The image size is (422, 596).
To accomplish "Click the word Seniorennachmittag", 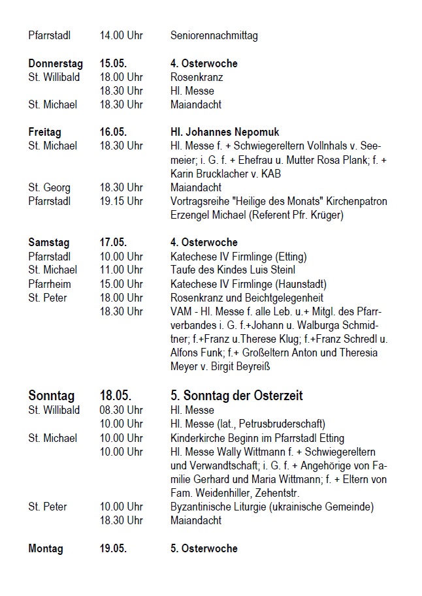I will [x=214, y=35].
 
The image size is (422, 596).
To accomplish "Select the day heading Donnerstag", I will [x=56, y=64].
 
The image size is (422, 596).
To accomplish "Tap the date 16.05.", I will [x=113, y=132].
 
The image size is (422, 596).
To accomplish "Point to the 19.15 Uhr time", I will [x=122, y=201].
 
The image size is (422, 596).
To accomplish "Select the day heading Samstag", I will [x=50, y=242].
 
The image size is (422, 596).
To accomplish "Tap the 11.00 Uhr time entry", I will [x=122, y=270].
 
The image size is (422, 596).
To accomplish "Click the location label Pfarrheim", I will [x=50, y=284].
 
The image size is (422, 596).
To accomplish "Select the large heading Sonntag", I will [x=52, y=396].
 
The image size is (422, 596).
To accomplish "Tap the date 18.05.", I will [x=116, y=396].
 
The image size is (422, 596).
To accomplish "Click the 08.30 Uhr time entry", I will [x=122, y=411].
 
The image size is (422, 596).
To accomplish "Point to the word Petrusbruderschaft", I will [x=284, y=424].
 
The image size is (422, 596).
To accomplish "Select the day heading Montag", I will [x=46, y=548].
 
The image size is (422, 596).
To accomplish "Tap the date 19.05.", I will [x=113, y=548].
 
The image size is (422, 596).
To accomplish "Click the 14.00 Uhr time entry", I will [x=122, y=35].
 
